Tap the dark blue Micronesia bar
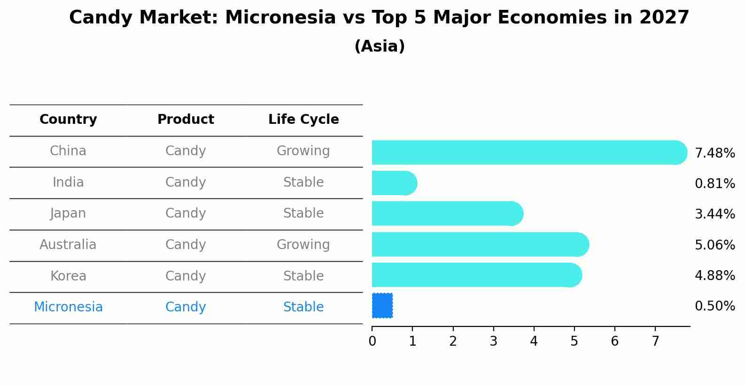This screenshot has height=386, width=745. [382, 306]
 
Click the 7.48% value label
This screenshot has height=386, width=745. [714, 153]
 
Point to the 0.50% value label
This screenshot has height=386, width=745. [714, 306]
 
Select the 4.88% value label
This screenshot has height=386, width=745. [714, 275]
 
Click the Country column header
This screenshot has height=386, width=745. [68, 120]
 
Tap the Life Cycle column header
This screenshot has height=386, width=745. [303, 120]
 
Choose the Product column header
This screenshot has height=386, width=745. [186, 120]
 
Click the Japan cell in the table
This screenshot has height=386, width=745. [68, 213]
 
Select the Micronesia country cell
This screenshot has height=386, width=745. [68, 307]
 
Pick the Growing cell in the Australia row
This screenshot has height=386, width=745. [303, 245]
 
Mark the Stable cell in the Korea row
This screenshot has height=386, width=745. [303, 276]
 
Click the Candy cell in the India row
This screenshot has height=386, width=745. [186, 182]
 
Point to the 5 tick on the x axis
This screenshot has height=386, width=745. [574, 341]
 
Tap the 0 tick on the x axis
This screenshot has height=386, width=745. [372, 341]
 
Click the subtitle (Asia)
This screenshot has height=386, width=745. [380, 46]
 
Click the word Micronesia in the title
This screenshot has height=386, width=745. [280, 18]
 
